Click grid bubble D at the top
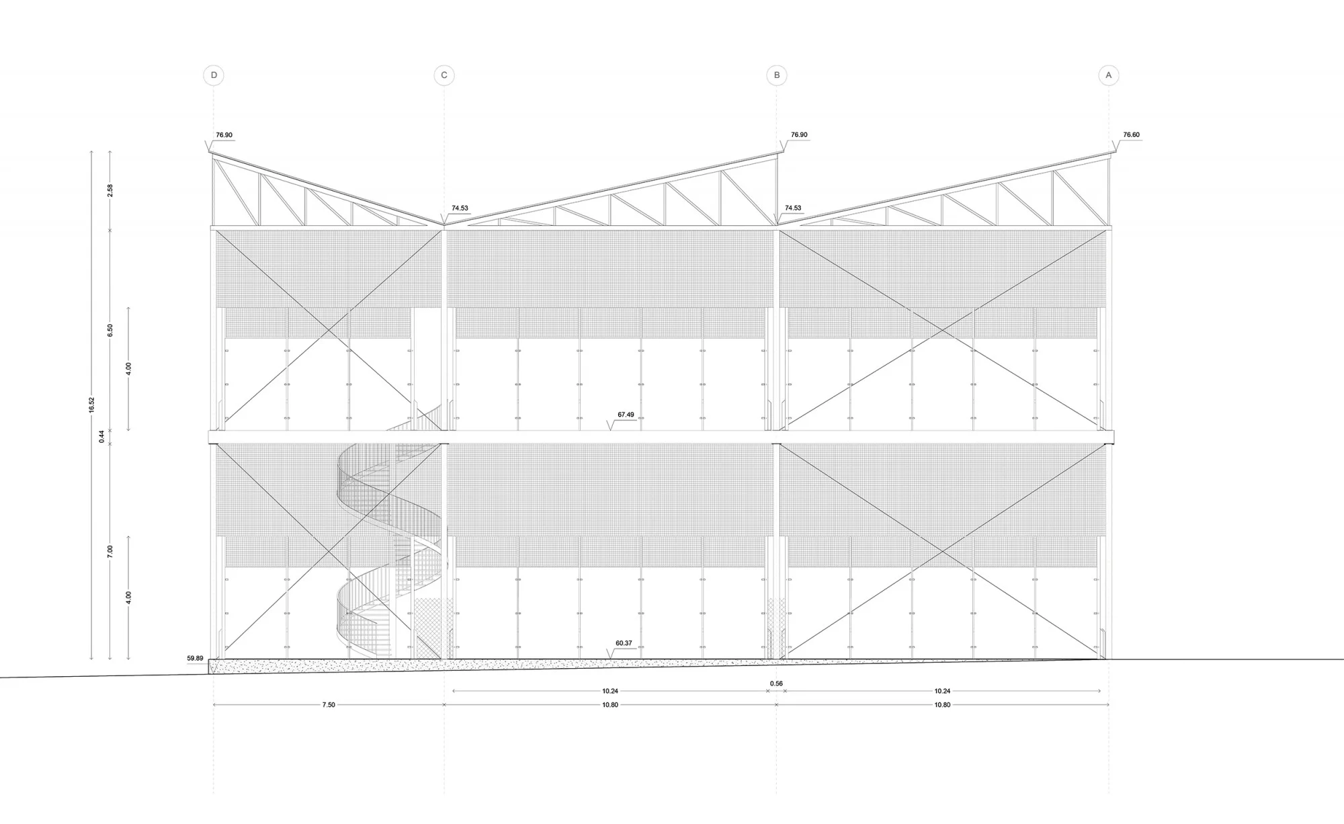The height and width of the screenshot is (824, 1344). [214, 75]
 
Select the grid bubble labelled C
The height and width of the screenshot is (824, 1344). [444, 75]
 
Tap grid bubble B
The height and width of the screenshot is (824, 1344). [777, 75]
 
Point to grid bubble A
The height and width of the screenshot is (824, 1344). [1109, 75]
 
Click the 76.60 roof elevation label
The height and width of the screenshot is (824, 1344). [1131, 135]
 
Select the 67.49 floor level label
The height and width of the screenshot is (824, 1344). [626, 415]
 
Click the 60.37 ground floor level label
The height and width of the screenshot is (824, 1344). [624, 644]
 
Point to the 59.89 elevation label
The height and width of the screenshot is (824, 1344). [195, 659]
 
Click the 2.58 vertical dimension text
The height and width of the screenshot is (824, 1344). [110, 190]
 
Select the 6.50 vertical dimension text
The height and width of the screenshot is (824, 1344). [110, 330]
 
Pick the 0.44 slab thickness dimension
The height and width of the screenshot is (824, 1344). [102, 436]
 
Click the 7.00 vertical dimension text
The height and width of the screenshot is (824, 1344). [110, 551]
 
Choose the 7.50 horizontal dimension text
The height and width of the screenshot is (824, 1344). [328, 705]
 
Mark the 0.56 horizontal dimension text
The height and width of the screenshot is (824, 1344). [776, 684]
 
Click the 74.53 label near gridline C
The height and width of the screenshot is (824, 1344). [460, 208]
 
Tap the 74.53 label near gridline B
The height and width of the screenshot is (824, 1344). [793, 208]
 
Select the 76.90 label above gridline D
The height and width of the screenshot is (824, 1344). [224, 135]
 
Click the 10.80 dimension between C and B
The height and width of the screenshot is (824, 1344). [610, 705]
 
